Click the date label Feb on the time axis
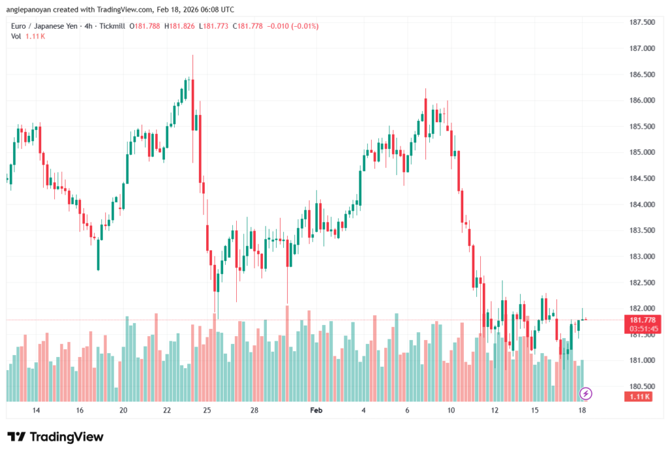pyautogui.click(x=316, y=411)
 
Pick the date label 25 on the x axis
pyautogui.click(x=207, y=411)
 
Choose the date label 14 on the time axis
pyautogui.click(x=36, y=411)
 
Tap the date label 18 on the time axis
pyautogui.click(x=582, y=411)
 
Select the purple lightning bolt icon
pyautogui.click(x=586, y=394)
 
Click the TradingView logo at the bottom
pyautogui.click(x=56, y=437)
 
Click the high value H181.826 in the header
pyautogui.click(x=183, y=26)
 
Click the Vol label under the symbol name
pyautogui.click(x=16, y=36)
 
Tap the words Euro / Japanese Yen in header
pyautogui.click(x=43, y=26)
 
